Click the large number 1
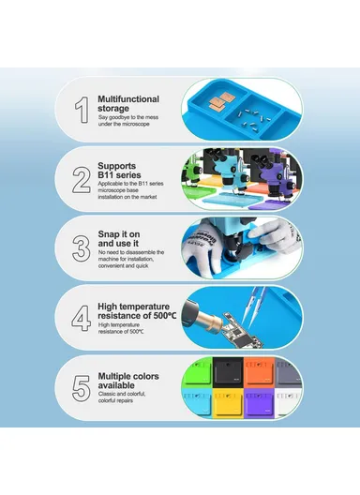tap(82, 108)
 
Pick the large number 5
tap(82, 385)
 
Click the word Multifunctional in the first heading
tap(128, 98)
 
